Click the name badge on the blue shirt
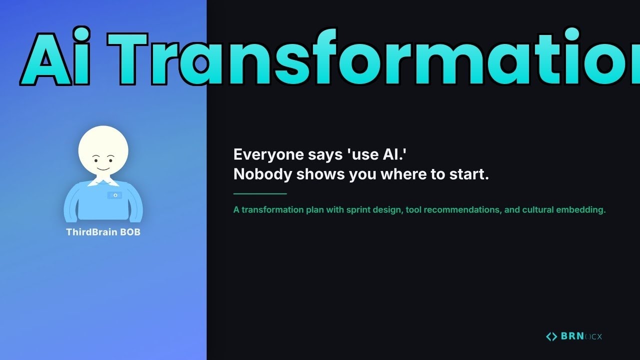[x=114, y=195]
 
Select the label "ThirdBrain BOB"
[x=103, y=232]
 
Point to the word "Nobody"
[x=263, y=174]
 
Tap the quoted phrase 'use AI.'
[x=376, y=154]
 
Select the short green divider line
[x=260, y=193]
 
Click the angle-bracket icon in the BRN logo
[x=551, y=336]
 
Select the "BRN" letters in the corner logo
[x=572, y=336]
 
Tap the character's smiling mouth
[x=103, y=168]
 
